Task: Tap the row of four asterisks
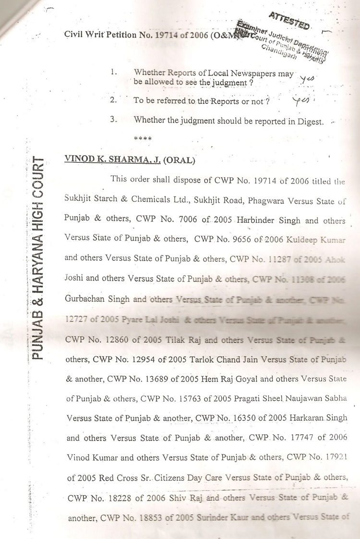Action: click(143, 139)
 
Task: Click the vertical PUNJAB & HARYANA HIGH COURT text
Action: click(39, 259)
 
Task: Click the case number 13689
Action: click(148, 379)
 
